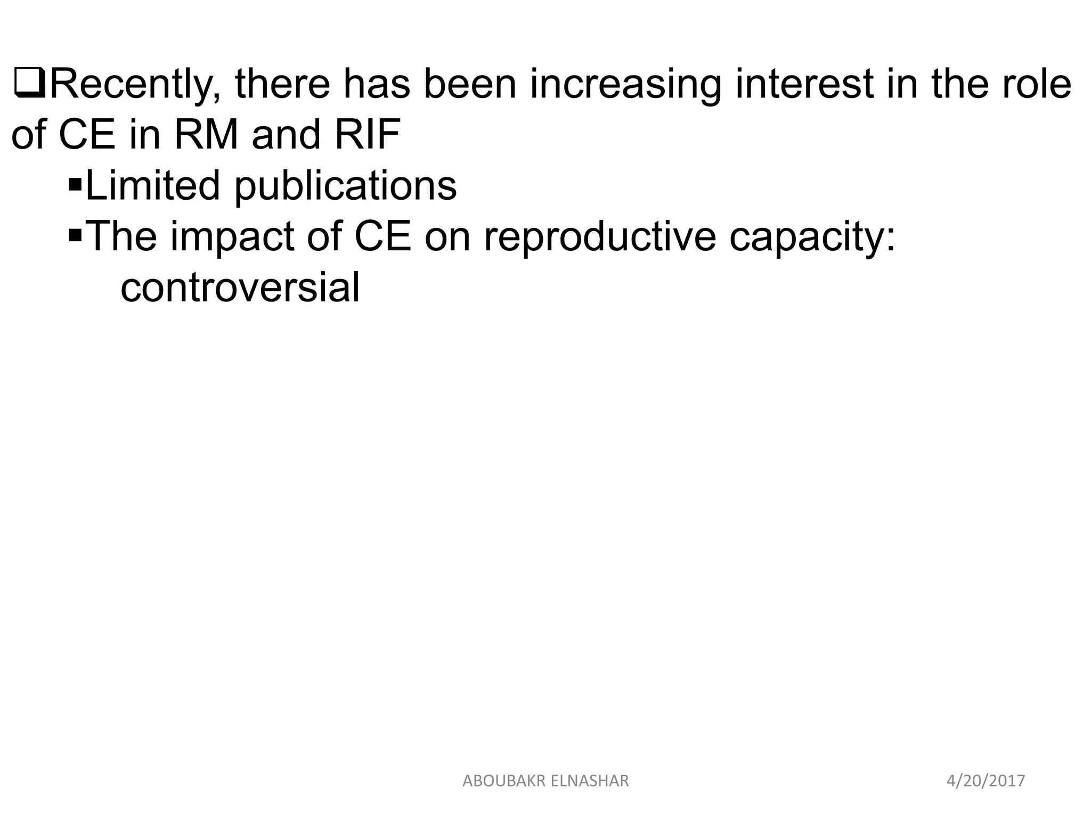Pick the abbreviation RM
tap(206, 135)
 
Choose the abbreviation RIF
tap(368, 135)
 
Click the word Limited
tap(152, 185)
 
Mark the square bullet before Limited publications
tap(75, 185)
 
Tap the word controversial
tap(240, 288)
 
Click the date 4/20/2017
tap(986, 781)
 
